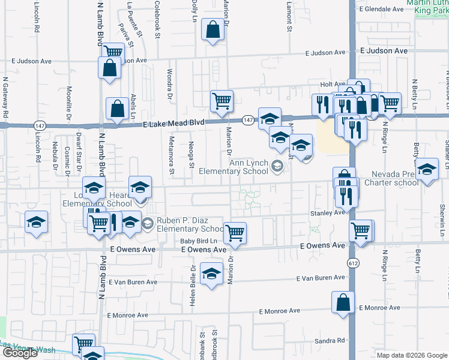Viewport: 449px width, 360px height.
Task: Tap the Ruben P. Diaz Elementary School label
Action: (190, 224)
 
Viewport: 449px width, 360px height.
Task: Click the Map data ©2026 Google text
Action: (411, 355)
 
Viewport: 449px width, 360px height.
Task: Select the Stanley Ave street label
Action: (327, 212)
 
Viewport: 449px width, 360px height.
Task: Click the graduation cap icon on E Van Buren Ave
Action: (211, 275)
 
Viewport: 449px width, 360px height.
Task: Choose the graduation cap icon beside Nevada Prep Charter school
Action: (427, 172)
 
